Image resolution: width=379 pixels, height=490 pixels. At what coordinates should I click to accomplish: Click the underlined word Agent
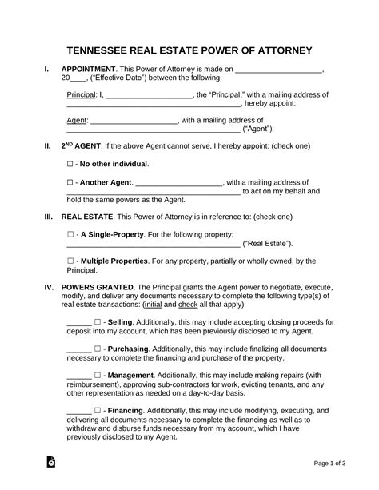(x=74, y=121)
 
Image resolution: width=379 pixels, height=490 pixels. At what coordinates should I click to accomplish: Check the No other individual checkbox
(x=70, y=164)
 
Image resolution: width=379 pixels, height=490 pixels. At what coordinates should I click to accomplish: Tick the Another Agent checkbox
(x=70, y=182)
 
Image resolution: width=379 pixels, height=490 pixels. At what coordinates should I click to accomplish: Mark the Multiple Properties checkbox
(x=70, y=261)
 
